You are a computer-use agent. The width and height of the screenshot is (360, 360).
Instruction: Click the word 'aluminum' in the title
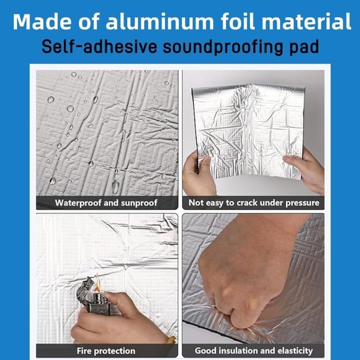point(160,22)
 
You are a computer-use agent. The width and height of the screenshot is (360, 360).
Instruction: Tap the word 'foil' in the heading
point(238,21)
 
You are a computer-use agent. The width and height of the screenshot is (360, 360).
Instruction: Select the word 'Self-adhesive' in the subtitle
point(99,46)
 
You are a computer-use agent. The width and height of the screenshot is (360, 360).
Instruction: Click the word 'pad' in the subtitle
point(304,47)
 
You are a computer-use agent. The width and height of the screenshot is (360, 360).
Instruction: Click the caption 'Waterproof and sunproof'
point(106,203)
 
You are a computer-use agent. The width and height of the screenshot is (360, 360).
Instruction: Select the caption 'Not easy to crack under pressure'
point(254,203)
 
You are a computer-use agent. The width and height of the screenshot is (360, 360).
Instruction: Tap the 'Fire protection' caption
point(106,351)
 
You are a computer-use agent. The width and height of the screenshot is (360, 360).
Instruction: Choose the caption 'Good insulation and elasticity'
point(254,351)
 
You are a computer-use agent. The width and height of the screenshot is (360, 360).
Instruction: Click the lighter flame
point(98,284)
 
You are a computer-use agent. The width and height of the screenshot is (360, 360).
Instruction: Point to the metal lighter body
point(94,296)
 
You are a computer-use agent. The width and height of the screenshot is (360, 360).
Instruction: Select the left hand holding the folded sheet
point(199,175)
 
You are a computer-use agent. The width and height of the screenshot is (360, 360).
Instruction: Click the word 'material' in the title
point(306,22)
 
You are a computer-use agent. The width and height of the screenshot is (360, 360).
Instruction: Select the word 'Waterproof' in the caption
point(78,203)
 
